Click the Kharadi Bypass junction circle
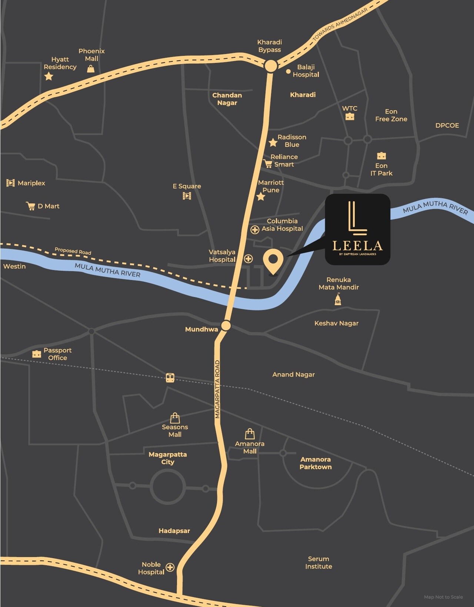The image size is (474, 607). point(271,67)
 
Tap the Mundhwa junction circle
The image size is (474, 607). point(226,326)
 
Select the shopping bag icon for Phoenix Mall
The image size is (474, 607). point(91,69)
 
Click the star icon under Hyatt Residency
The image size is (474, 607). point(49,77)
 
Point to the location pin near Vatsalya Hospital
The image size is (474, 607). point(273,261)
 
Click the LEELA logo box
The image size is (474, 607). point(357,229)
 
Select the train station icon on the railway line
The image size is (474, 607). point(170,378)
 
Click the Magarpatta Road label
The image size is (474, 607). point(217,389)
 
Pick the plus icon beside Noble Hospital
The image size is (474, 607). point(170,567)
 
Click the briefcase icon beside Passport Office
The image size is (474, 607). point(36,354)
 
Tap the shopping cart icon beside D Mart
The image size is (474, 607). point(30,206)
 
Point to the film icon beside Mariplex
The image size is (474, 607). point(10,183)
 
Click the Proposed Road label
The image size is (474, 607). point(73,251)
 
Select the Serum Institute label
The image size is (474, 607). point(318,563)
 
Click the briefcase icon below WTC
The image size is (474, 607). point(350,117)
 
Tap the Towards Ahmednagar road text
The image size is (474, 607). point(340,24)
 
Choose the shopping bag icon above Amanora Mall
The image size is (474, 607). point(250,434)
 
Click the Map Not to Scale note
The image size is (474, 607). point(443,597)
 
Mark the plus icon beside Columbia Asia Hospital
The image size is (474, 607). point(255,230)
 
